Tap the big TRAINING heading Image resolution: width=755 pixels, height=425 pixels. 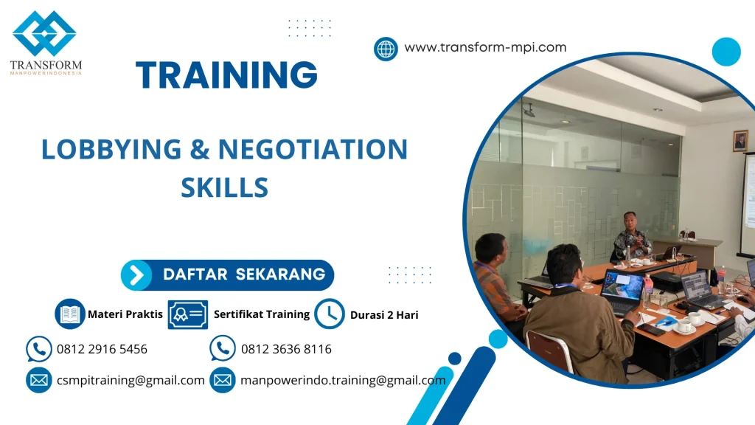[226, 75]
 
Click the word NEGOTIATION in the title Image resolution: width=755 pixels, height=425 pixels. [313, 149]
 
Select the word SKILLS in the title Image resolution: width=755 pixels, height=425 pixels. [224, 187]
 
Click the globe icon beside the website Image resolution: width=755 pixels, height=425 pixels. [386, 49]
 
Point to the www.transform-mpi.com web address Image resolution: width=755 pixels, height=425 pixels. [485, 47]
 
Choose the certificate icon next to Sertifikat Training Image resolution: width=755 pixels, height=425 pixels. [188, 314]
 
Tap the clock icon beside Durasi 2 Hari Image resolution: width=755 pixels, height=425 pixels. [330, 314]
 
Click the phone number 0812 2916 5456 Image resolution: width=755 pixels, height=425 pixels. [102, 349]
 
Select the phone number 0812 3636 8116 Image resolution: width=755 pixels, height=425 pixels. [286, 349]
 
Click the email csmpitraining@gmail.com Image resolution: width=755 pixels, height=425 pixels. [131, 381]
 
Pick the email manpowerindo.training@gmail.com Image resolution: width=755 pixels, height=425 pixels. [343, 381]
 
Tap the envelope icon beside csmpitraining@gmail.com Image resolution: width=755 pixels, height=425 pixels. [38, 381]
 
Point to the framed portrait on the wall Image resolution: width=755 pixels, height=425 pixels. [740, 141]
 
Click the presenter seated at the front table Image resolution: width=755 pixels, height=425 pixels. [631, 236]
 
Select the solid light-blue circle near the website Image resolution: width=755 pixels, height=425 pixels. [726, 52]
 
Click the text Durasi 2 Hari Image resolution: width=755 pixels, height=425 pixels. [384, 315]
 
